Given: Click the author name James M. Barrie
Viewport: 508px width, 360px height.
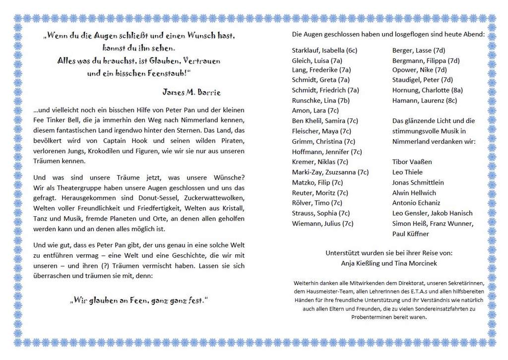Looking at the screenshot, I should [191, 93].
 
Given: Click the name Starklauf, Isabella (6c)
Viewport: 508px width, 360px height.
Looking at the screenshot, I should [324, 50].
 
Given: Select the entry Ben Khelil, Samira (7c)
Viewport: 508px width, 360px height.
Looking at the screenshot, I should [325, 121].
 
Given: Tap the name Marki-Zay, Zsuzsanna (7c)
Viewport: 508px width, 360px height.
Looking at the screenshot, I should [330, 172].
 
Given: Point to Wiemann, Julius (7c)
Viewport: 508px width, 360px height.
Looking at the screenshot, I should [322, 224].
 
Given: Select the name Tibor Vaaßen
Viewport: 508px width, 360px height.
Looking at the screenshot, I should [412, 162].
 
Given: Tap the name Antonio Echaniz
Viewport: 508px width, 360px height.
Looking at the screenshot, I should [416, 203].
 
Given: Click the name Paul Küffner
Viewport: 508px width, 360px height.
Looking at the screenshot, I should [410, 234].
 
